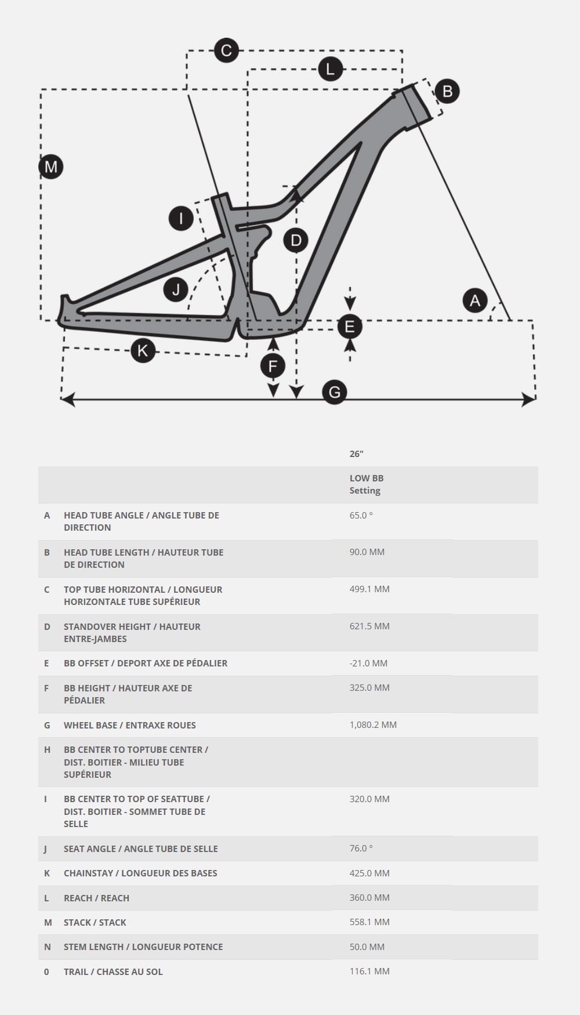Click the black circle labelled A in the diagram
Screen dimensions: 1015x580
pos(475,300)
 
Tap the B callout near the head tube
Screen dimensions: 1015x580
pos(447,91)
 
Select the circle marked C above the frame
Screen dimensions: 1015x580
pos(226,50)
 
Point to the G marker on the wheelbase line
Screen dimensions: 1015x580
pos(335,393)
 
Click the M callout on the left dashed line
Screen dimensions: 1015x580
pos(51,167)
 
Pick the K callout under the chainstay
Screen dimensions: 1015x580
pos(143,350)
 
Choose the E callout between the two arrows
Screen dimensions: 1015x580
pos(350,327)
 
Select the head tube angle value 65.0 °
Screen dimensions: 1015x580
pos(361,515)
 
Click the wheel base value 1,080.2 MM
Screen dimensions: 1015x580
pos(373,724)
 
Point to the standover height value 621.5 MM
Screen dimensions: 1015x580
pos(369,626)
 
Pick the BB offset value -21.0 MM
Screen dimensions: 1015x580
pos(368,663)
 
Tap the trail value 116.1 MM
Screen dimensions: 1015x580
pos(369,971)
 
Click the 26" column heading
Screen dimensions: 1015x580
pos(356,454)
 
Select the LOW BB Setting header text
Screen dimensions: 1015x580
pos(366,484)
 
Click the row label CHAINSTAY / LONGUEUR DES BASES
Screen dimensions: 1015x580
pos(140,873)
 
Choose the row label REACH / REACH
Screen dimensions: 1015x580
pos(96,898)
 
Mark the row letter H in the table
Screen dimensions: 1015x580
pos(47,749)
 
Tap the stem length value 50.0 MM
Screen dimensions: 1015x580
pos(367,947)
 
